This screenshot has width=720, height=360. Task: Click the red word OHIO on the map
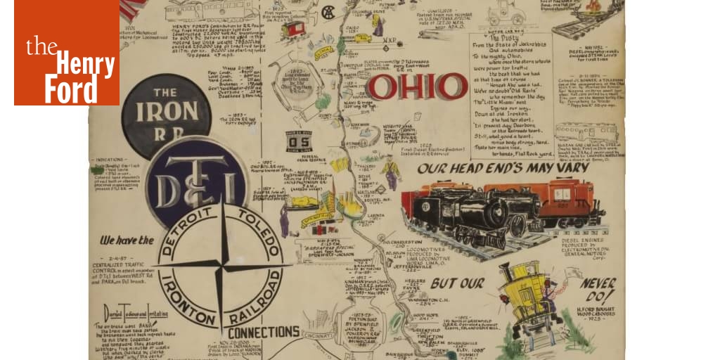pos(416,87)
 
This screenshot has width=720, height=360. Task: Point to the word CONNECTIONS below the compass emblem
pos(263,332)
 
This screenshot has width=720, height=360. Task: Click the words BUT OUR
pos(457,283)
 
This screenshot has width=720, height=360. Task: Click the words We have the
pos(126,240)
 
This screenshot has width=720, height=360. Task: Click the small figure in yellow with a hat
pos(390,172)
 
